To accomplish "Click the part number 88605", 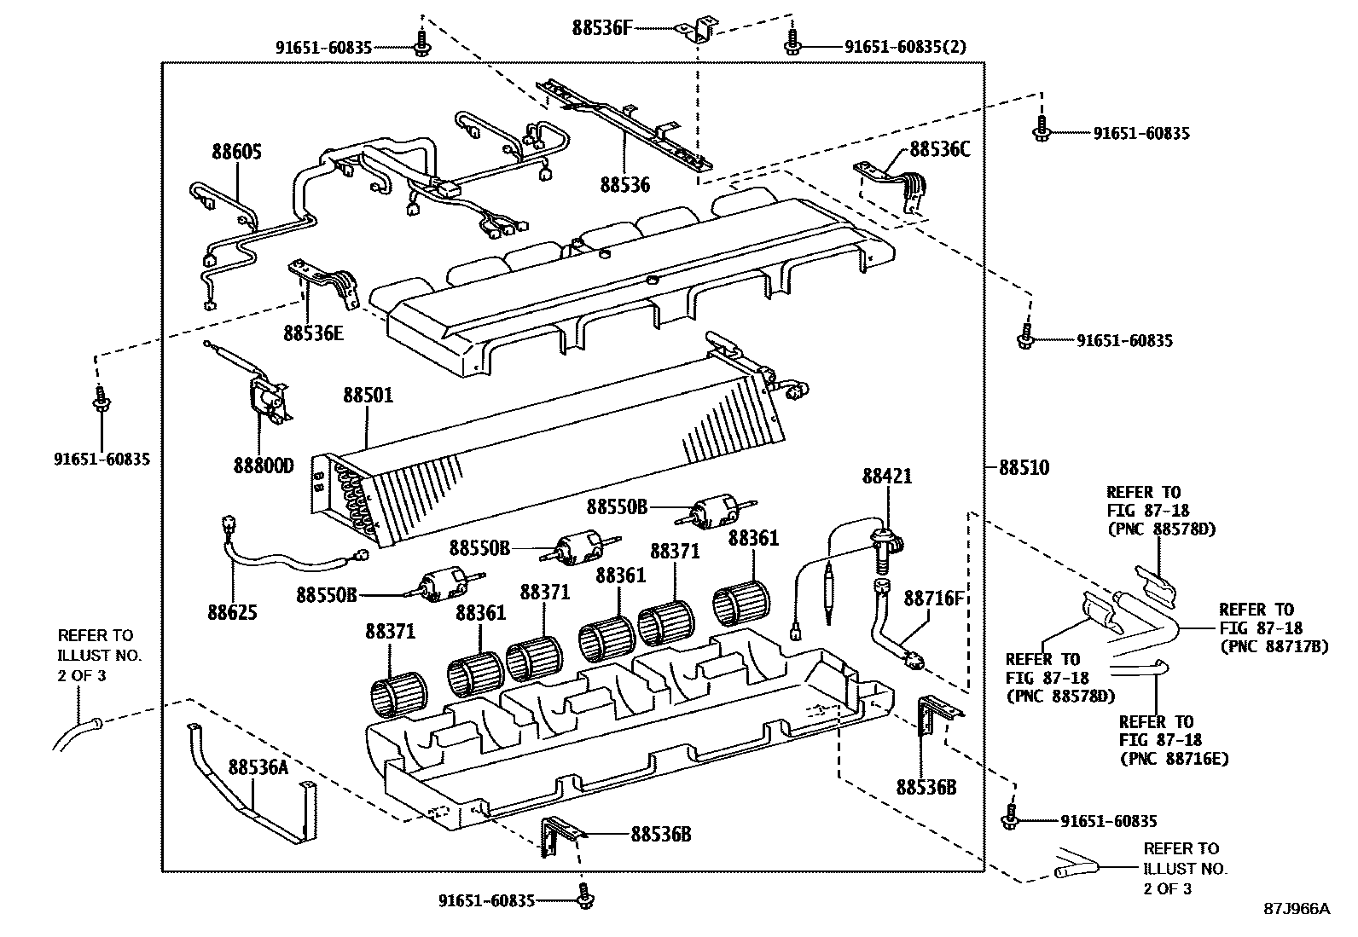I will pos(236,153).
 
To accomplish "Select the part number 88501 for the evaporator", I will pos(368,396).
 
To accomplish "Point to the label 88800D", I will pos(263,466).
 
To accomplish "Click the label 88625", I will pos(232,612).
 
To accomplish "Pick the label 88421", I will pos(887,476).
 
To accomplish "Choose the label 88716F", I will pos(934,598).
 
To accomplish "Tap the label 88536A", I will pos(258,767).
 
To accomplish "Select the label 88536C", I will pos(940,148).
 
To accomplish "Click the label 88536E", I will pos(313,333).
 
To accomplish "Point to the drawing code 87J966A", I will pos(1296,908).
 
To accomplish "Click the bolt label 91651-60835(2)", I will pos(905,47).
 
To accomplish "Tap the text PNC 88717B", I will pos(1274,647).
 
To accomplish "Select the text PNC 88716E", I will pos(1174,758).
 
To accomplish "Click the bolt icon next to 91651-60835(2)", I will pos(792,43).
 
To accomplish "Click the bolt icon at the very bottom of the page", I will pos(585,897).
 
